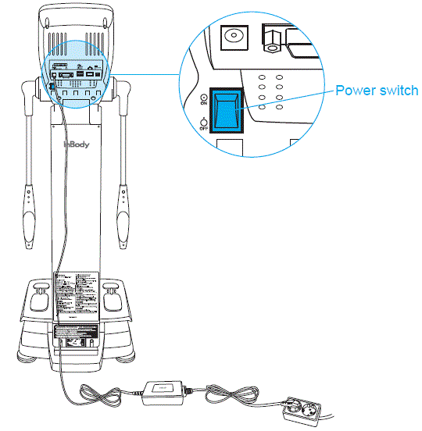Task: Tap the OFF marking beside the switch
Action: [203, 124]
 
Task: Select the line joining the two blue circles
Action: [148, 75]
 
